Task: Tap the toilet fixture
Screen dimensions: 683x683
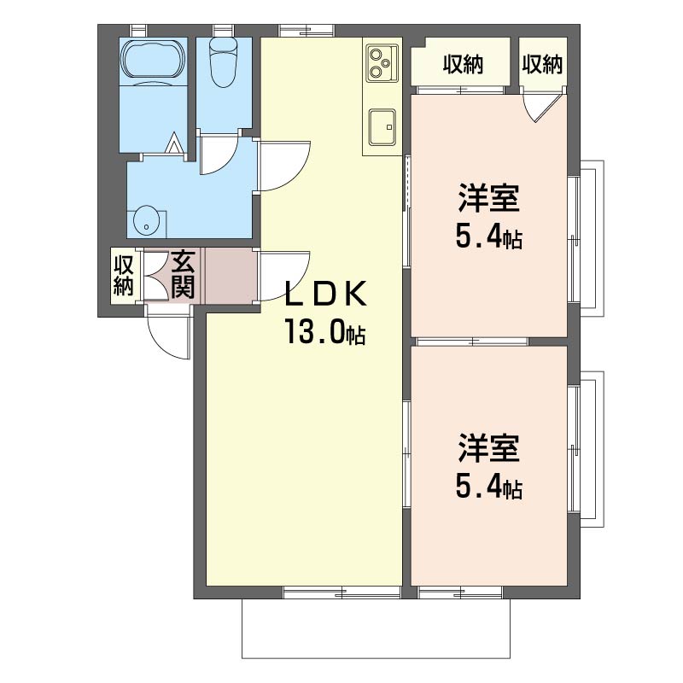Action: [x=224, y=62]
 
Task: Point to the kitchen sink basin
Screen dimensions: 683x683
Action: [x=382, y=126]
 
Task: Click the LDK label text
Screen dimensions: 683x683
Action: [x=325, y=294]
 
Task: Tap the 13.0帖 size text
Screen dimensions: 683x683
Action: [x=325, y=332]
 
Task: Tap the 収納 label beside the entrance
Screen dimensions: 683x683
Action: [x=123, y=275]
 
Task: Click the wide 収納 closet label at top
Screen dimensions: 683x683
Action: [x=463, y=65]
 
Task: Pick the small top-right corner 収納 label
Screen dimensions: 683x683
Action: [x=542, y=65]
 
